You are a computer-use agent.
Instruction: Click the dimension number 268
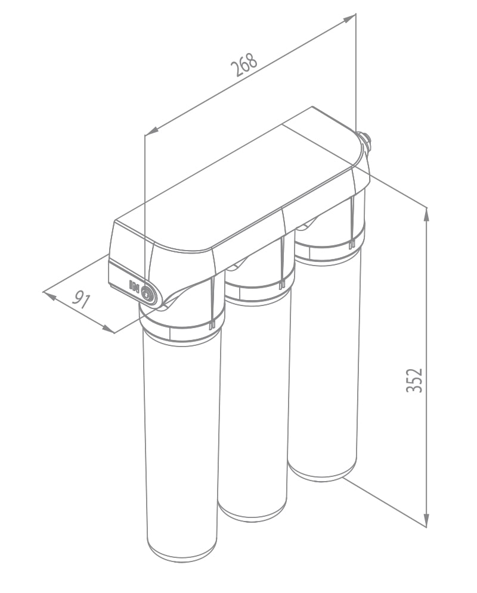(244, 65)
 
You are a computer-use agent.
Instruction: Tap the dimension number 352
(414, 380)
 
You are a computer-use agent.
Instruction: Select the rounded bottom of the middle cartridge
(252, 511)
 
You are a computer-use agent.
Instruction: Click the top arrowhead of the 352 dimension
(426, 214)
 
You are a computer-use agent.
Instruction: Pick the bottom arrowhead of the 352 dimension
(426, 520)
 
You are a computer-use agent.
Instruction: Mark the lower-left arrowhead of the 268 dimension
(151, 131)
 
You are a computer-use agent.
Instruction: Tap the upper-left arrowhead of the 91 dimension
(49, 295)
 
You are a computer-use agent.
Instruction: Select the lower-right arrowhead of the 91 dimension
(107, 329)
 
